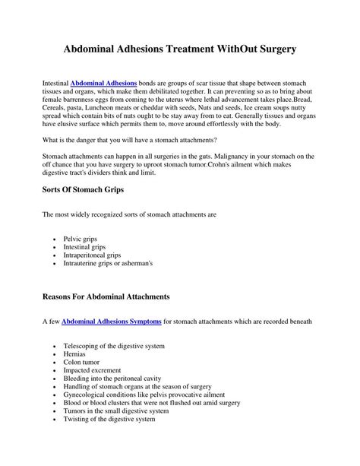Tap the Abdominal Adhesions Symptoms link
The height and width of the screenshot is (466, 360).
[112, 322]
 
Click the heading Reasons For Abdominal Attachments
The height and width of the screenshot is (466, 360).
[106, 295]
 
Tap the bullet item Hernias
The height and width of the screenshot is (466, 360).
[76, 355]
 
